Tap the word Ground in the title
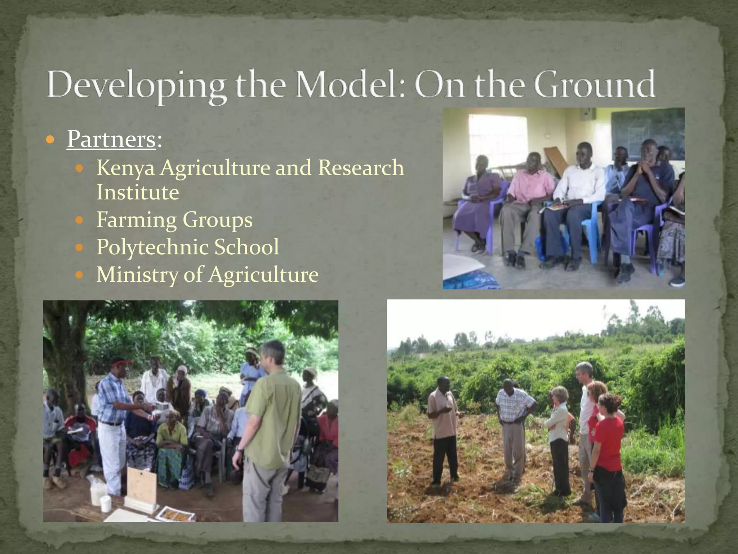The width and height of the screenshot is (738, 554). click(x=594, y=84)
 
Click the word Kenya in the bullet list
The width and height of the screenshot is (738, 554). click(x=125, y=168)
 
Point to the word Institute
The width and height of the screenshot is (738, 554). click(x=138, y=192)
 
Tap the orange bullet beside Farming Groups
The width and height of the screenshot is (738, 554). click(x=80, y=220)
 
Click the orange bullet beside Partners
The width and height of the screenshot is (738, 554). click(x=51, y=140)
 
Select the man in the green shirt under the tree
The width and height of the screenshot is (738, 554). click(x=270, y=426)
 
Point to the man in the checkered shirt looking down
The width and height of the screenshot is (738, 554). click(x=514, y=426)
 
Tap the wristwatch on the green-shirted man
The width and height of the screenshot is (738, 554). click(x=239, y=449)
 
